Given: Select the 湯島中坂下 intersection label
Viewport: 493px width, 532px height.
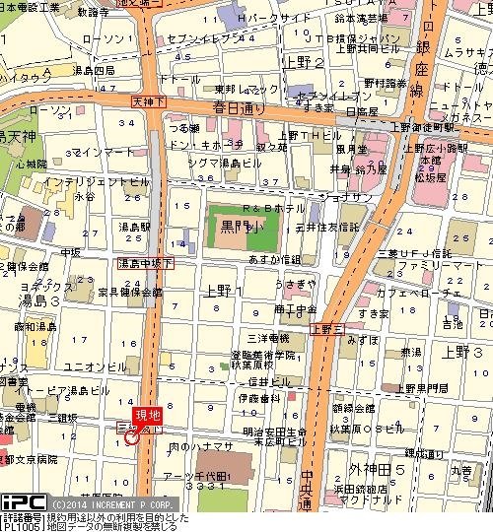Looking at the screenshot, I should [145, 264].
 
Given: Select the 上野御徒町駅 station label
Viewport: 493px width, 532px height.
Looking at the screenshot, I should [449, 127].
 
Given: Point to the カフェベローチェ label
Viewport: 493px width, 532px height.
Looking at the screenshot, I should [435, 294].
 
